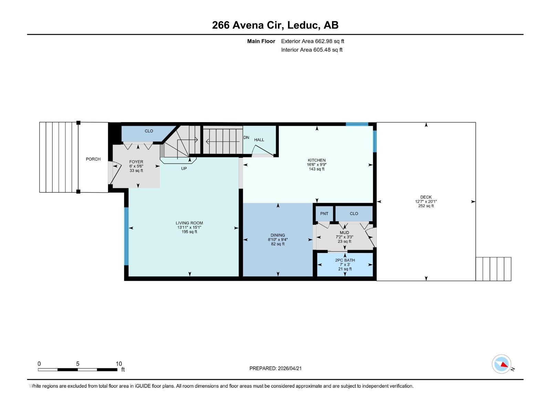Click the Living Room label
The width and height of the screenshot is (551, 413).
[189, 223]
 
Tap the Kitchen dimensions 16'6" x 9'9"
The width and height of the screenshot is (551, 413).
[316, 165]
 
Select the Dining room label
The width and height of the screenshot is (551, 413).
[278, 235]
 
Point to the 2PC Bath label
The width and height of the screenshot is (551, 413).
[345, 260]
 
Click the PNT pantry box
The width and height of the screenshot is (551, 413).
[324, 213]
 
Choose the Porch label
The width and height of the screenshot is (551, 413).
[93, 159]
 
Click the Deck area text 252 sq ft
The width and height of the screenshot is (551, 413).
[426, 206]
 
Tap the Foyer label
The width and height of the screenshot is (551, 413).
[136, 162]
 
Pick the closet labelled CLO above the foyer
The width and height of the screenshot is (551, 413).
[149, 131]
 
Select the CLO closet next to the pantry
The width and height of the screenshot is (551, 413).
[354, 213]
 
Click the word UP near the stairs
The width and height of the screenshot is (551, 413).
[184, 169]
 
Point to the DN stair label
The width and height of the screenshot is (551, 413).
[246, 138]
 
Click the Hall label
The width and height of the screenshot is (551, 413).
[259, 140]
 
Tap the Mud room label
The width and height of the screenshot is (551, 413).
[344, 233]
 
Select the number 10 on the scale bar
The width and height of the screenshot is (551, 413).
[119, 364]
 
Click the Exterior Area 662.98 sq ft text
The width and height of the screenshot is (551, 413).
[312, 41]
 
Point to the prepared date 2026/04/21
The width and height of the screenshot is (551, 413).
[289, 368]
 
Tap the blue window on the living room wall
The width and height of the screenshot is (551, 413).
[126, 236]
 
